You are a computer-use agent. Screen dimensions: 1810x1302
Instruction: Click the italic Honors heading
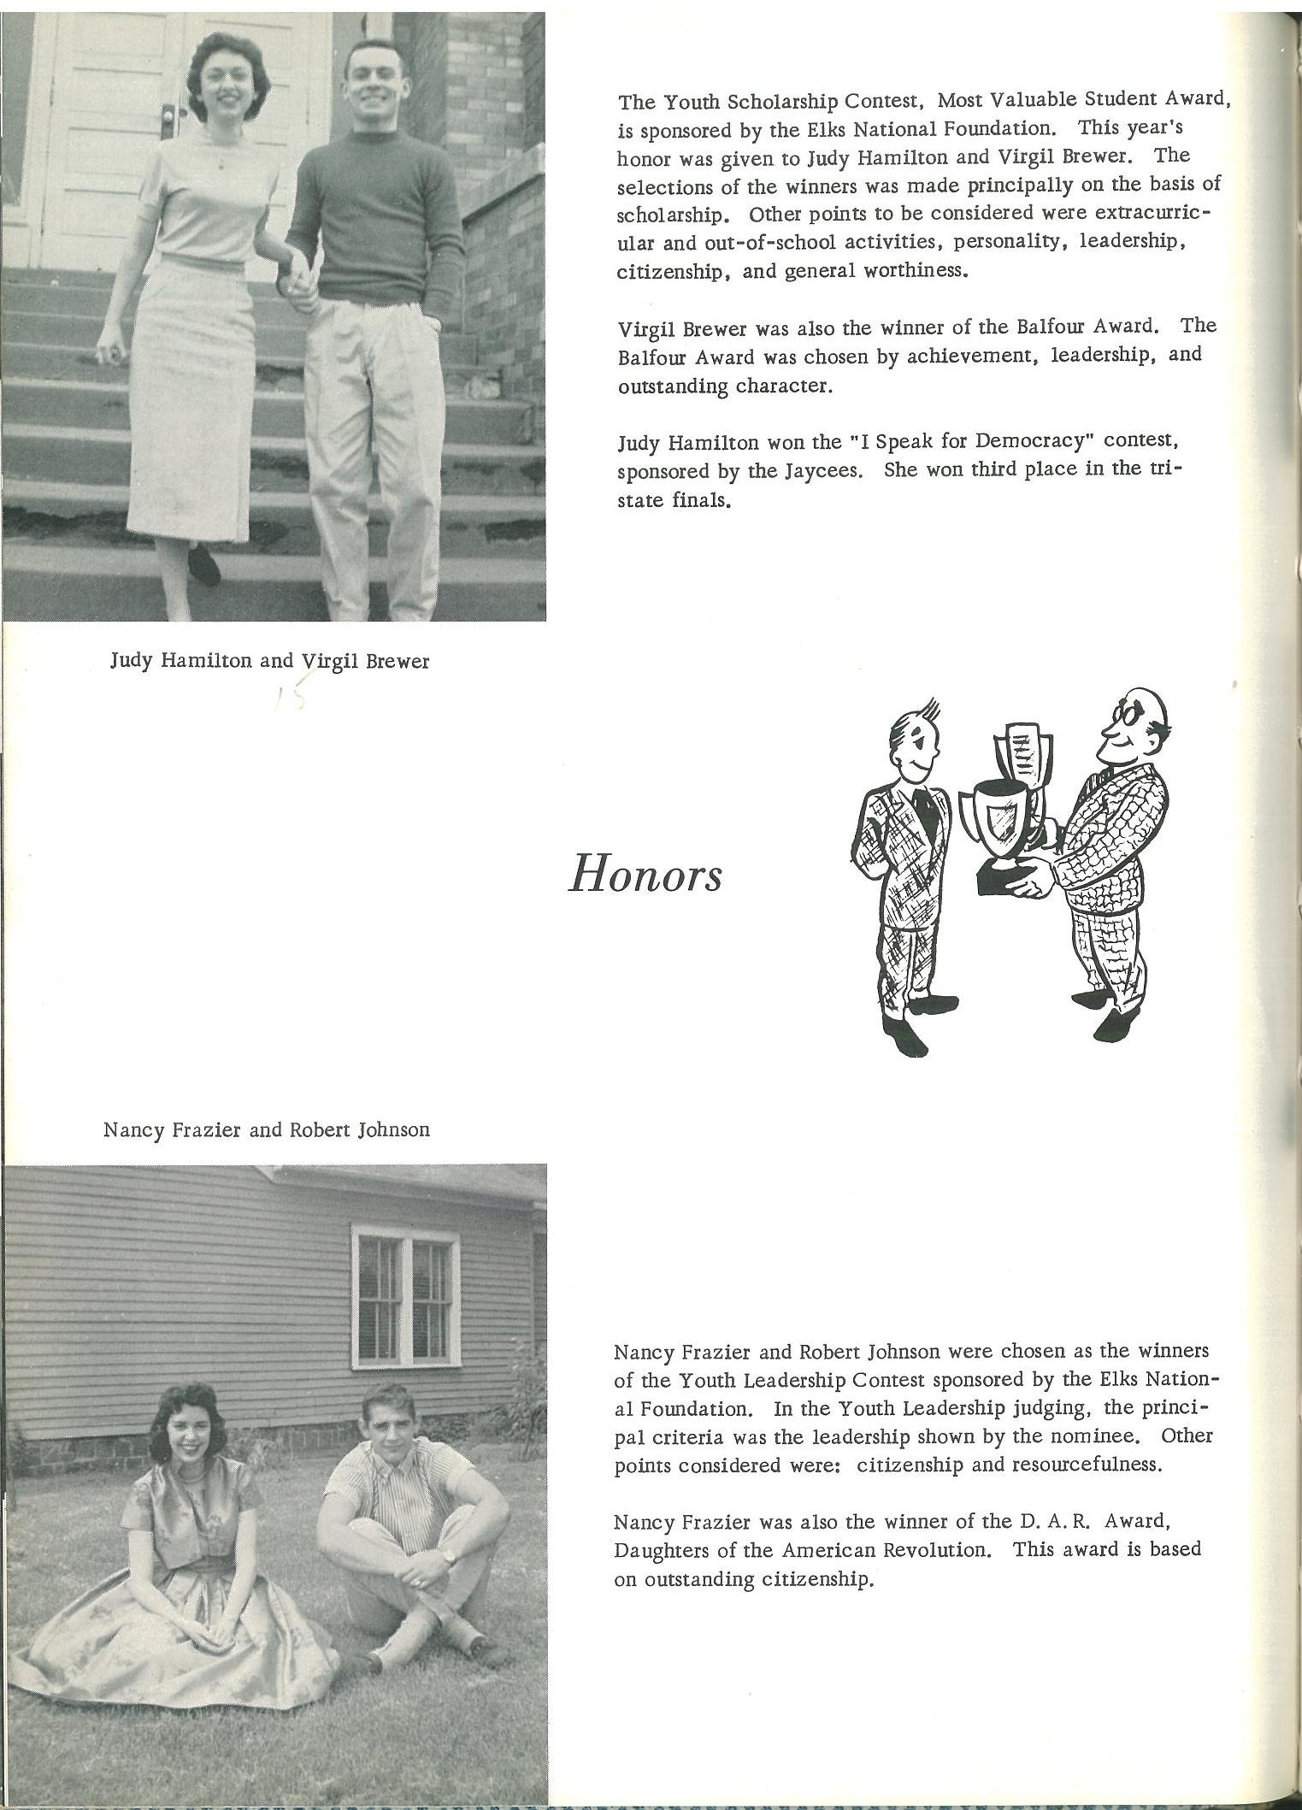(645, 876)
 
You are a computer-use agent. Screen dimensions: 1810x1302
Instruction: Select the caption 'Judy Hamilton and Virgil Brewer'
(269, 661)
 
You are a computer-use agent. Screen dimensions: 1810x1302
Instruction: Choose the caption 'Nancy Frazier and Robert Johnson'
(266, 1129)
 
